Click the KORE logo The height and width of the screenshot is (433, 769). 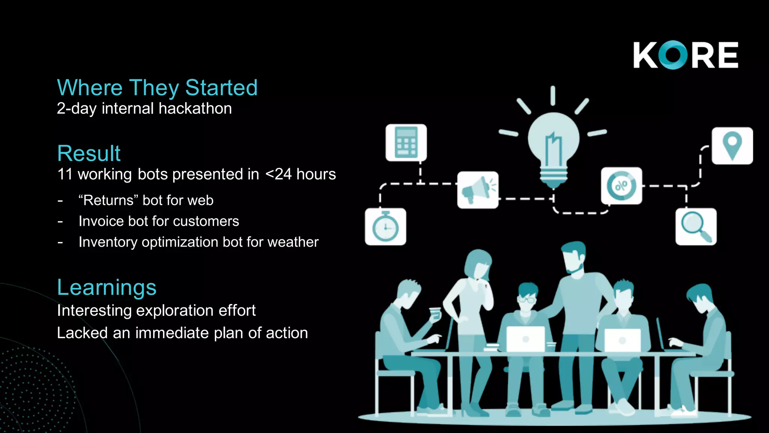point(686,55)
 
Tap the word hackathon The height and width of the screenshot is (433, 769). point(195,109)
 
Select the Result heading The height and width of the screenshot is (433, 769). point(89,153)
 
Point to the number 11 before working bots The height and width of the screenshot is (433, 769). point(65,174)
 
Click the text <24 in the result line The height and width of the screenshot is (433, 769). point(278,174)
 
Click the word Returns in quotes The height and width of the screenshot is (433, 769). point(109,200)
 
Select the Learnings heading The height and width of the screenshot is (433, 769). point(107,288)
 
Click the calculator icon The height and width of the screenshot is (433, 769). point(406,143)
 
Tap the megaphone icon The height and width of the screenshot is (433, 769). point(478,190)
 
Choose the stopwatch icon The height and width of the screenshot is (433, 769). point(385,227)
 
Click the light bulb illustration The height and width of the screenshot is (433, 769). point(553,147)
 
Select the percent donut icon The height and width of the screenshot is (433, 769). point(621,186)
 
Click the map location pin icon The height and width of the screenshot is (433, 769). point(732,146)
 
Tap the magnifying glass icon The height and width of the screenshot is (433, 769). point(696,227)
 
